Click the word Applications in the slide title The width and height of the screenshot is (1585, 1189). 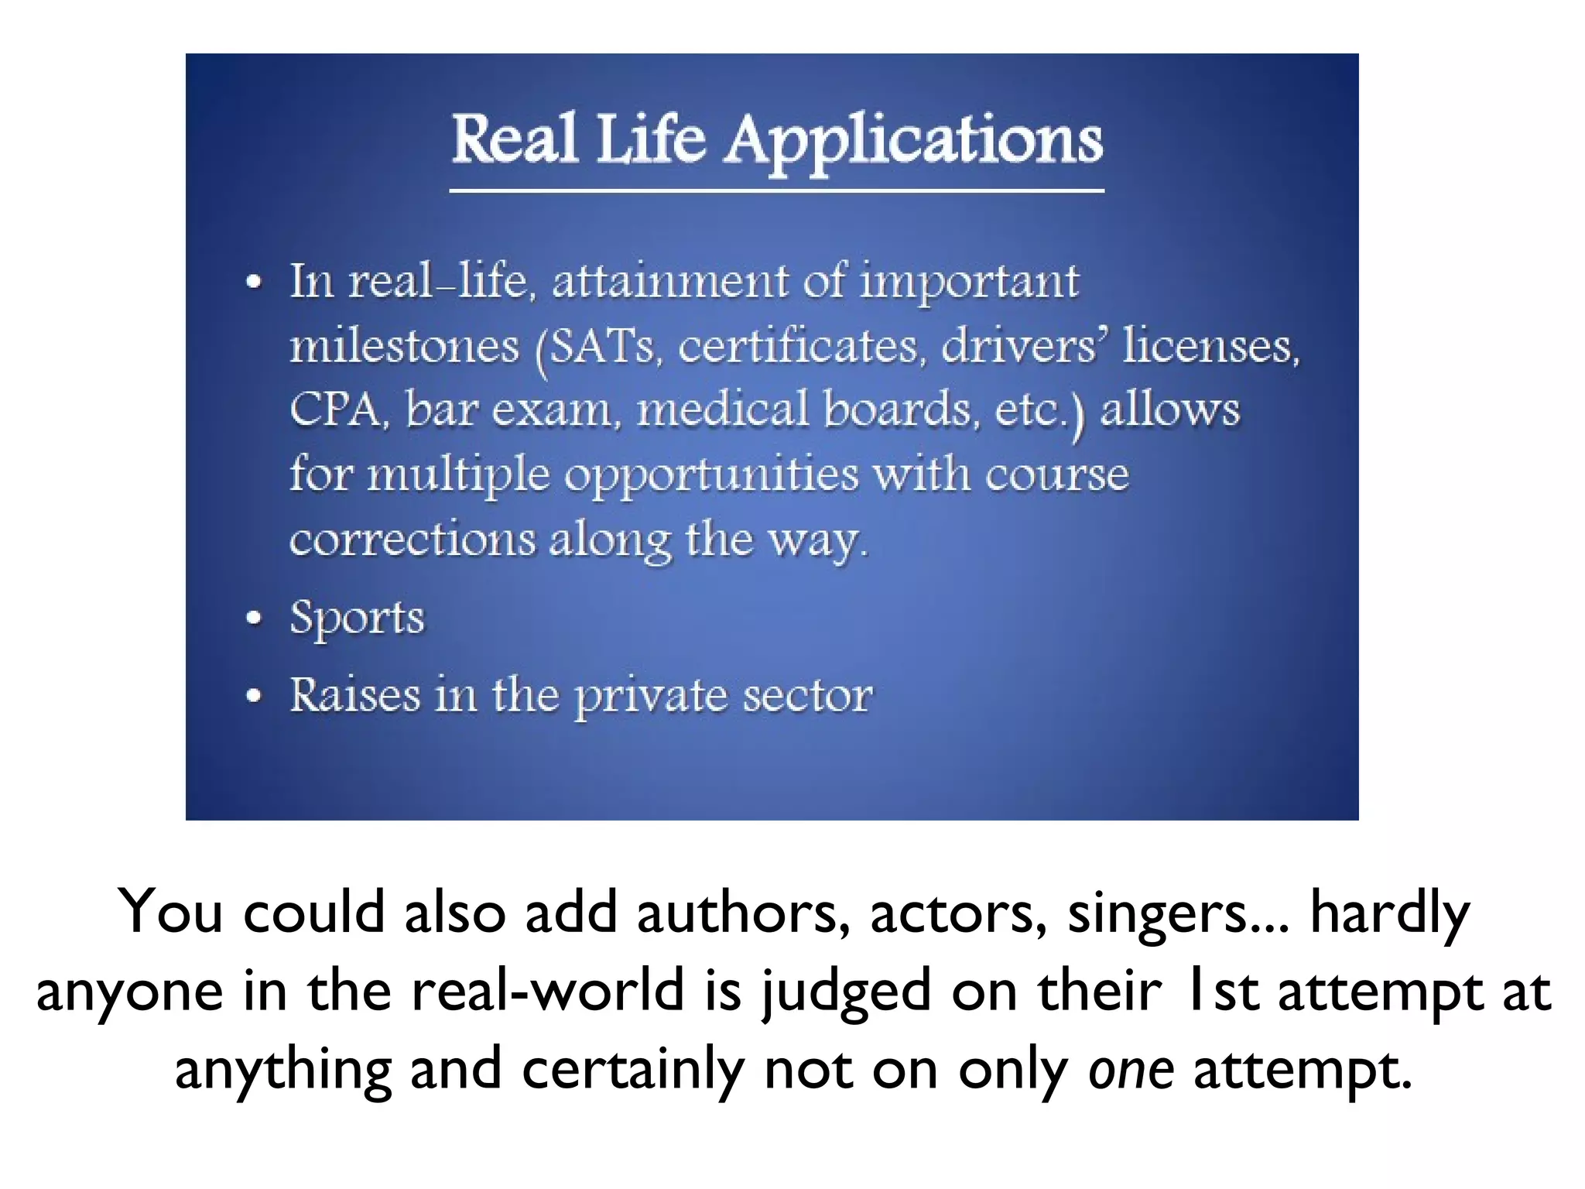tap(913, 141)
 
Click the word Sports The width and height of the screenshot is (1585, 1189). tap(357, 618)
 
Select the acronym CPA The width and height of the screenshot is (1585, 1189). tap(334, 409)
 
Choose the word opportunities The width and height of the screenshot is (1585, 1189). tap(710, 475)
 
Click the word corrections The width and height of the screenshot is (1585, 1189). tap(412, 539)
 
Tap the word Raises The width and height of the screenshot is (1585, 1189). tap(355, 694)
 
